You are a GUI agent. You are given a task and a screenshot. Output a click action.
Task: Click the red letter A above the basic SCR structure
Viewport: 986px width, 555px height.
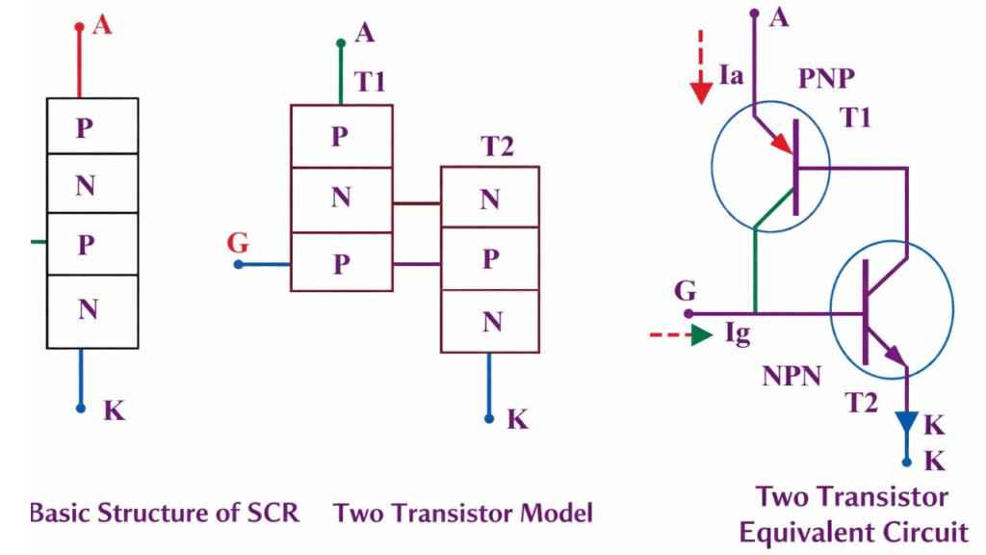(102, 25)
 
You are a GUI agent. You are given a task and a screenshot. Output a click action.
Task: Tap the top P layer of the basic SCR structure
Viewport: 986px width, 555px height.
(86, 127)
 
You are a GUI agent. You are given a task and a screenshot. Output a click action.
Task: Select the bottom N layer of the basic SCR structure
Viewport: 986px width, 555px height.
(86, 308)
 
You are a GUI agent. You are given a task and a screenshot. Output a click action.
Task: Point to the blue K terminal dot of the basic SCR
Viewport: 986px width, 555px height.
(82, 409)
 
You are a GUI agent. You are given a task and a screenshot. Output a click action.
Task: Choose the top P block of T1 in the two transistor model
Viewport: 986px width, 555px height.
(341, 137)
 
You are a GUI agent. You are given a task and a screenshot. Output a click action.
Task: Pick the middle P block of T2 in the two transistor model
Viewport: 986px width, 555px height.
(490, 259)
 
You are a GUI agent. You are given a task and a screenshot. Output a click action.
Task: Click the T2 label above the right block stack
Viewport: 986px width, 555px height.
(497, 147)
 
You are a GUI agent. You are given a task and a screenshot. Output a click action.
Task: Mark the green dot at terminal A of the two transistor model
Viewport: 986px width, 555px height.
(341, 43)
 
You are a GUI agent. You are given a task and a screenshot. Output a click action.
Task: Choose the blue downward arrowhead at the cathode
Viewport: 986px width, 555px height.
(906, 423)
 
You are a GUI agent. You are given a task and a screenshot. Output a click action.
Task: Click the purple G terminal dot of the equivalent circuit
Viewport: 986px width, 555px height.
(688, 313)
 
